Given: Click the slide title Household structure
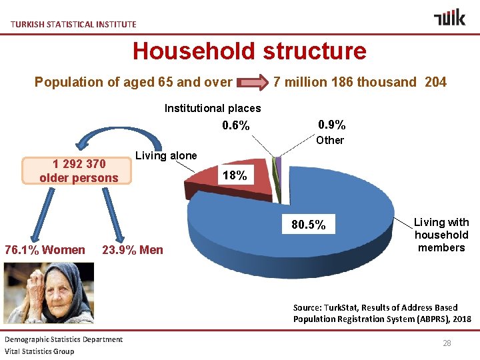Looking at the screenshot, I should pos(249,51).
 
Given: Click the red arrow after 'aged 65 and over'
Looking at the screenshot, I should pos(253,83).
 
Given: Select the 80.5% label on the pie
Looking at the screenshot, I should pos(309,225).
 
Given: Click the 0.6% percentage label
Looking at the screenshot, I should pos(236,126).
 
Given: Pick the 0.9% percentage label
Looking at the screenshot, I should pos(331,125).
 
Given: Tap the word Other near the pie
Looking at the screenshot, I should pos(330,140).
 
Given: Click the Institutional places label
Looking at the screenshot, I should pos(213,108).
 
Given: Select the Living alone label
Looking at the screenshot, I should pos(166,156).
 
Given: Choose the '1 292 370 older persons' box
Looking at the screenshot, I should pos(79,171).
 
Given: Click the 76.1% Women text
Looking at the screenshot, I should pos(45,250).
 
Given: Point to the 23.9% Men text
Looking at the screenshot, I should pos(133,250).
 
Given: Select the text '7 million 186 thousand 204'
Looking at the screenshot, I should pos(360,82).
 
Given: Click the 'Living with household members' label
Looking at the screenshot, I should pos(441,235).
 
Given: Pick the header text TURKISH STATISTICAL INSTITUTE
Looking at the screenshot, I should pos(73,24).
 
